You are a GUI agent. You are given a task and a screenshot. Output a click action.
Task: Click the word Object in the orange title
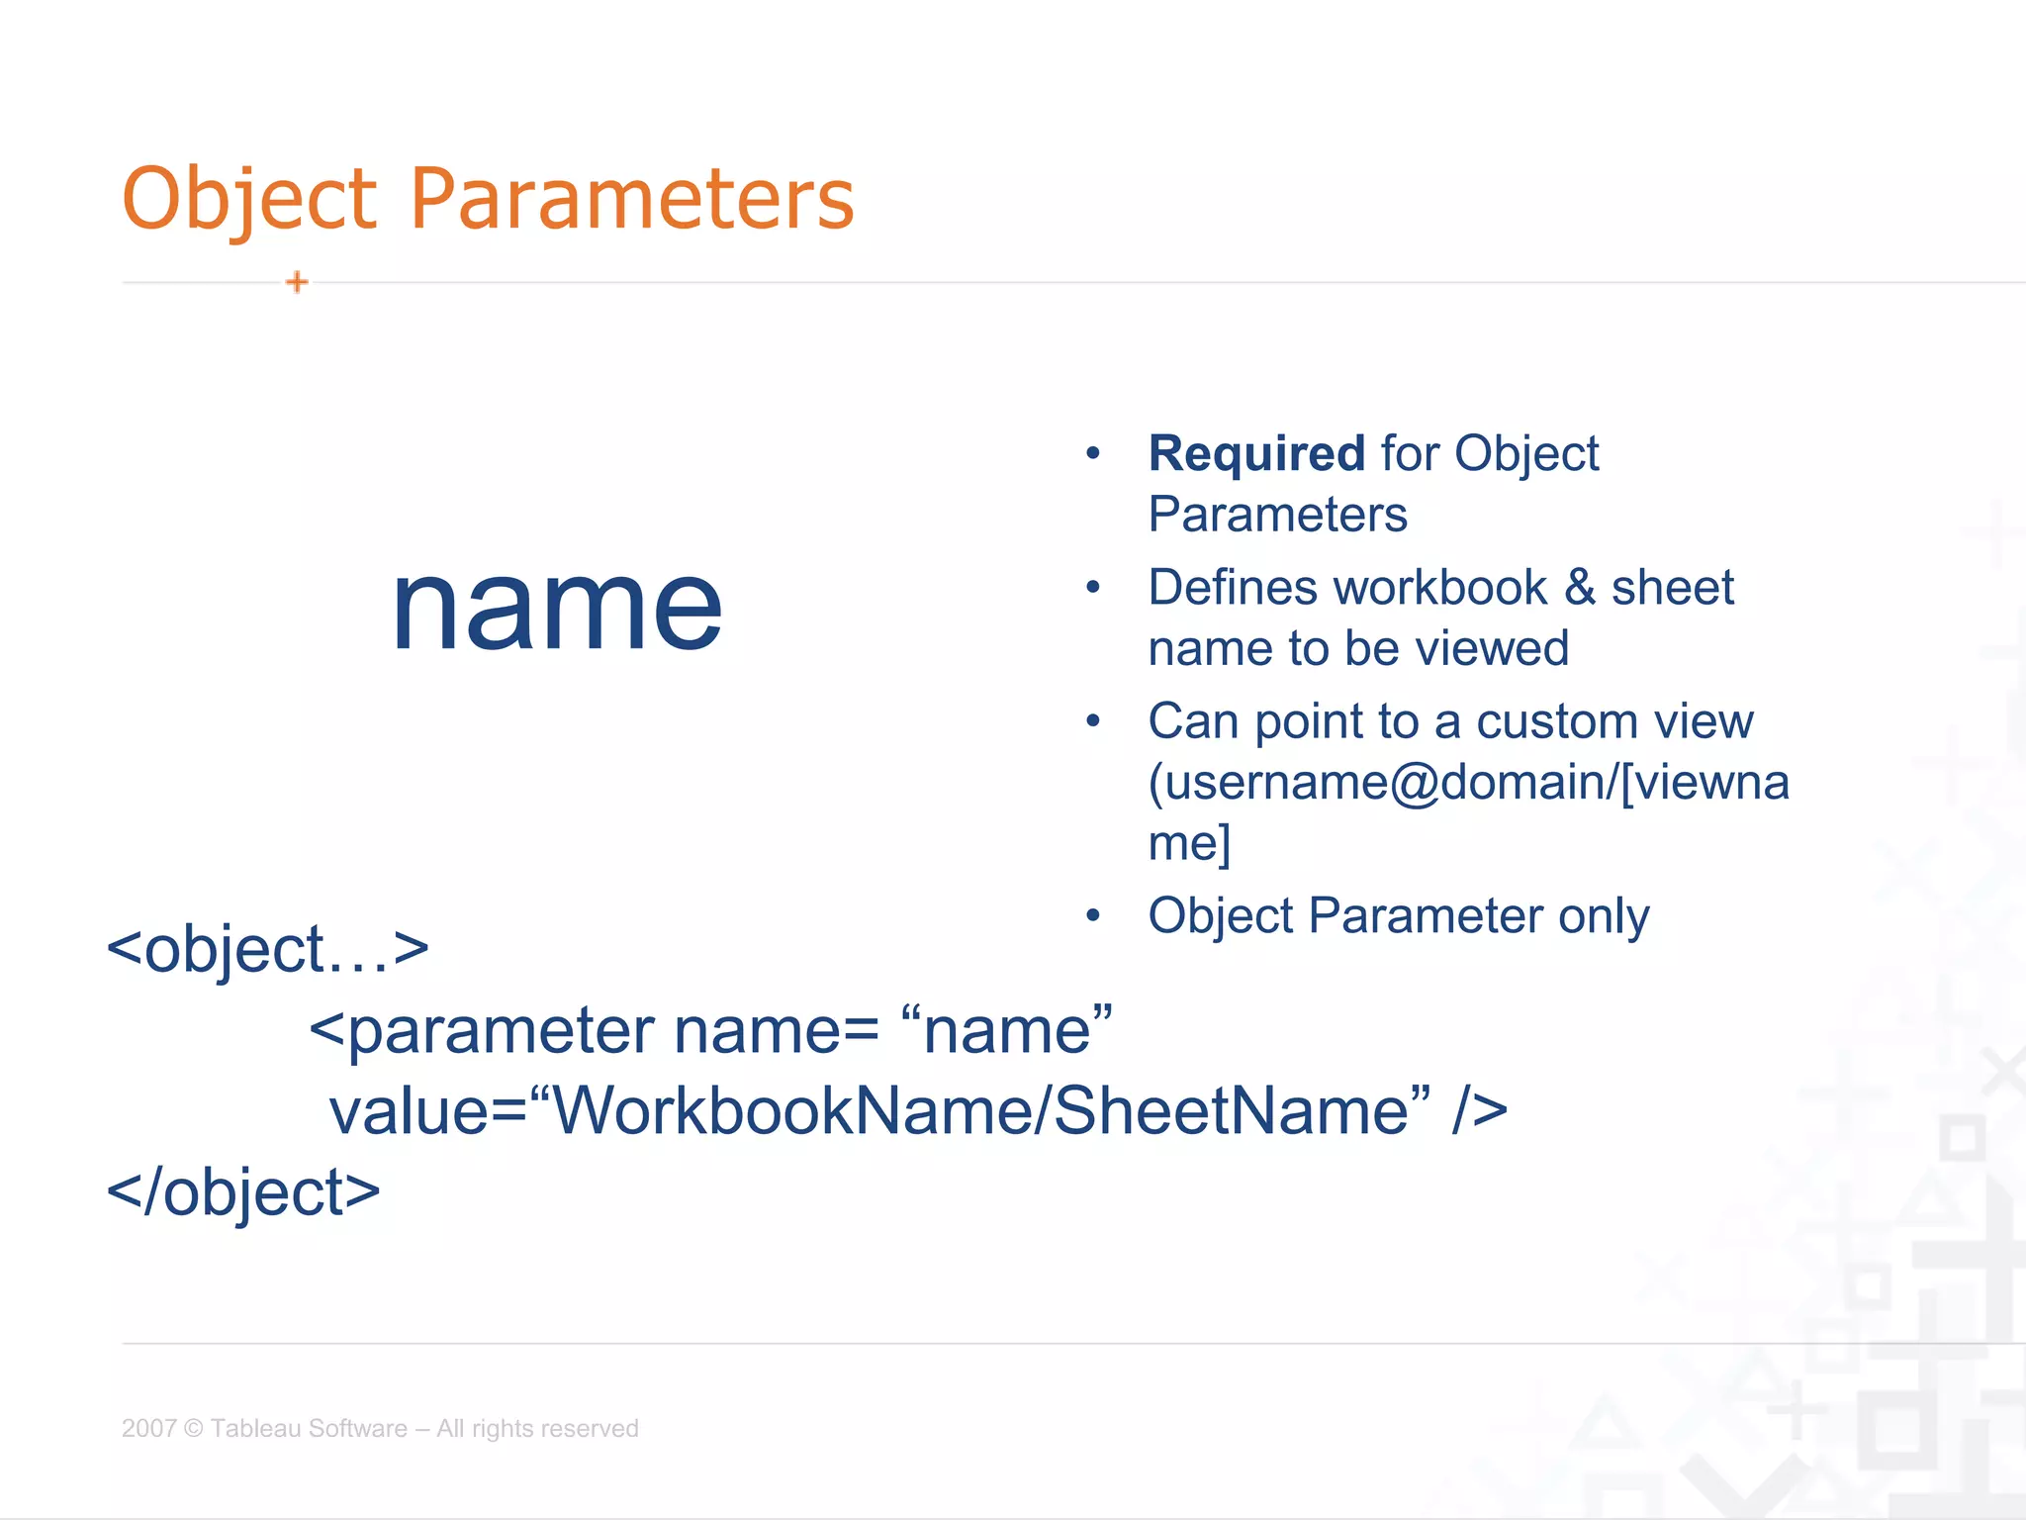tap(249, 200)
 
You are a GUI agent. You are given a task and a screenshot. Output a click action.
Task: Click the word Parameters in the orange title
tap(632, 200)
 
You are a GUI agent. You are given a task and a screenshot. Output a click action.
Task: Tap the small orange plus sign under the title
tap(297, 282)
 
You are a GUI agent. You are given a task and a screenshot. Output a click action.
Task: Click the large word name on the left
tap(557, 606)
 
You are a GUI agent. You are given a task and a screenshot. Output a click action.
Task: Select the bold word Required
tap(1256, 454)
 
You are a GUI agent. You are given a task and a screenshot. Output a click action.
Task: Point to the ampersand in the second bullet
tap(1580, 588)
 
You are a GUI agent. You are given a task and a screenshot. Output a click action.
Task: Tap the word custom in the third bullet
tap(1561, 721)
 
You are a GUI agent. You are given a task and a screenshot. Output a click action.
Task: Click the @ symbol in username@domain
tap(1415, 783)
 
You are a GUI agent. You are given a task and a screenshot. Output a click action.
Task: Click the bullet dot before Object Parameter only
tap(1093, 915)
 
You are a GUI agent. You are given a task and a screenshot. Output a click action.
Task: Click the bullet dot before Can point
tap(1093, 721)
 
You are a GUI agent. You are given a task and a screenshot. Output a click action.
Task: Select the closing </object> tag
tap(243, 1192)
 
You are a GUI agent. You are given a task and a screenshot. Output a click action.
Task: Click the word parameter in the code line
tap(501, 1031)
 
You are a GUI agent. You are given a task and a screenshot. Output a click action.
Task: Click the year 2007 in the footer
tap(148, 1428)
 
